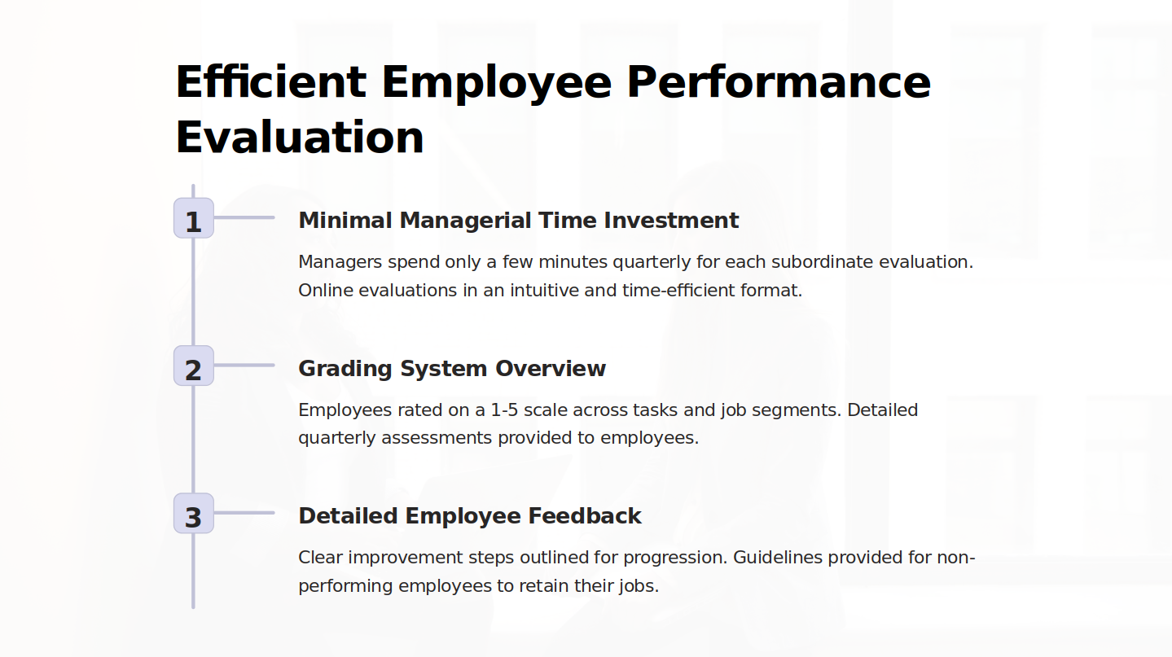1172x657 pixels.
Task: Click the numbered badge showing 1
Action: tap(194, 218)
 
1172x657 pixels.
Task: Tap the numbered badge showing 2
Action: tap(194, 366)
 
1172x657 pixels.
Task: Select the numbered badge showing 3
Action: tap(194, 513)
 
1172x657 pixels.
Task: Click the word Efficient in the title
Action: tap(270, 82)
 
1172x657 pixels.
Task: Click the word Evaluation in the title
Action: tap(299, 137)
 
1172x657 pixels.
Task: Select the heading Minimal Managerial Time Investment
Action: tap(519, 220)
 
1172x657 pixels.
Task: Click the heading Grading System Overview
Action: tap(452, 368)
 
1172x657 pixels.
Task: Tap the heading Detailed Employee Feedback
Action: tap(470, 516)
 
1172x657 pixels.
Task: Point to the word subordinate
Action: tap(822, 261)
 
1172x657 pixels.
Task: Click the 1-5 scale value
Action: tap(504, 410)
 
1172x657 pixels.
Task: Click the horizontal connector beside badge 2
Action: tap(244, 365)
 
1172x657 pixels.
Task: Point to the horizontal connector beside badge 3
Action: tap(244, 513)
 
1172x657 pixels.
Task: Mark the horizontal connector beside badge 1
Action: tap(244, 217)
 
